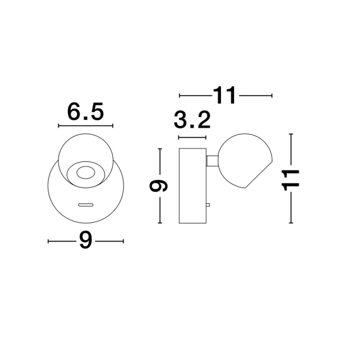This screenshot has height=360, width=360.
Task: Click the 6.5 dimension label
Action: tap(85, 112)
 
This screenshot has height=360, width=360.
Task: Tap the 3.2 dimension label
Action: tap(192, 120)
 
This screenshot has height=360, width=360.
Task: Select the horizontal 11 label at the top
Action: tap(224, 95)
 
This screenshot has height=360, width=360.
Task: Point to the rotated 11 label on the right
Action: tap(291, 180)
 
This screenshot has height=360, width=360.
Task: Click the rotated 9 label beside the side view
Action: tap(158, 186)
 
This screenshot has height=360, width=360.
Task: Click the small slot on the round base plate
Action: tap(85, 205)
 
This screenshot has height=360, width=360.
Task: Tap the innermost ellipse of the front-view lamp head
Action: tap(85, 172)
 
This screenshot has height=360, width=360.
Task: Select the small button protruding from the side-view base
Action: tap(207, 205)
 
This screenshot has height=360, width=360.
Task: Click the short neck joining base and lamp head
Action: tap(212, 160)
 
